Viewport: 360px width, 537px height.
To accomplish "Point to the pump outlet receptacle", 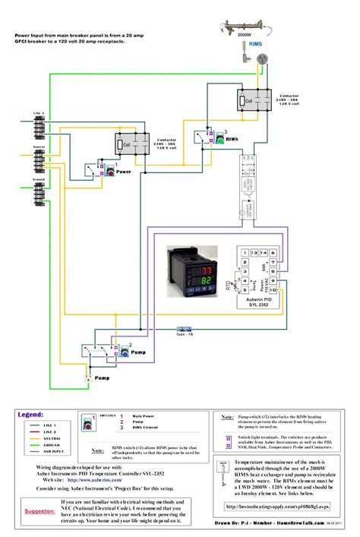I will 90,374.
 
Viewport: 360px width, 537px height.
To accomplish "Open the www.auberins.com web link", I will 91,479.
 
